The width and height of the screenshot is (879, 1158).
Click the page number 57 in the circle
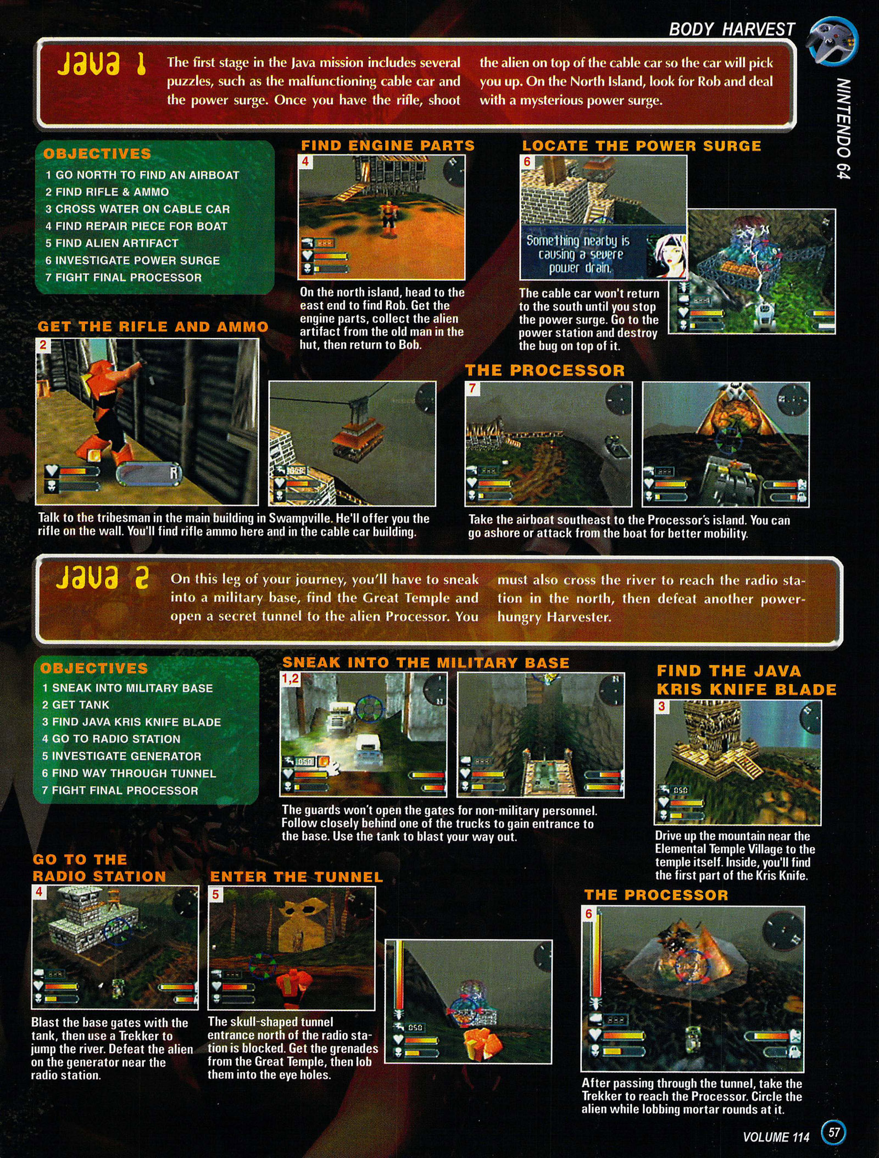(x=834, y=1132)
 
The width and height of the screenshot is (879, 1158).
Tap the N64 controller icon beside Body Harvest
(x=833, y=41)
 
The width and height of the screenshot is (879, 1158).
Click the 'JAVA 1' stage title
(x=101, y=64)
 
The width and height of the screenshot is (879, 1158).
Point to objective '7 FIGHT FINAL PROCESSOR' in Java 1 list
(x=124, y=277)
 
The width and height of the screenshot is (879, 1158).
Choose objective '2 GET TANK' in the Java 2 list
(x=76, y=705)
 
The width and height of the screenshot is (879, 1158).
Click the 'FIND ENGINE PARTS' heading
(x=388, y=146)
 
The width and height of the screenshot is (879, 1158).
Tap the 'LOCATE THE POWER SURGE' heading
(x=642, y=146)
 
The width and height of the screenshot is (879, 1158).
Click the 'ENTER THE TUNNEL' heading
(x=297, y=877)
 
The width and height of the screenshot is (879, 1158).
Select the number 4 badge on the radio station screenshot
(x=39, y=892)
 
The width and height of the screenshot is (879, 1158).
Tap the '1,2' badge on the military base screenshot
(x=290, y=679)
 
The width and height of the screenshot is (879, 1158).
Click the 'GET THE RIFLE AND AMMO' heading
(x=153, y=327)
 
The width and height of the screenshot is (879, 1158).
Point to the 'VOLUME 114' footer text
(x=776, y=1137)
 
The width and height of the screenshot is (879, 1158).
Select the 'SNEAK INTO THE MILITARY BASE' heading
(x=426, y=663)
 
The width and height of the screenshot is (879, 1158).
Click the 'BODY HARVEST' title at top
(x=732, y=30)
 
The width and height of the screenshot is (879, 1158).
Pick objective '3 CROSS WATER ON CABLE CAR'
(x=137, y=209)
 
